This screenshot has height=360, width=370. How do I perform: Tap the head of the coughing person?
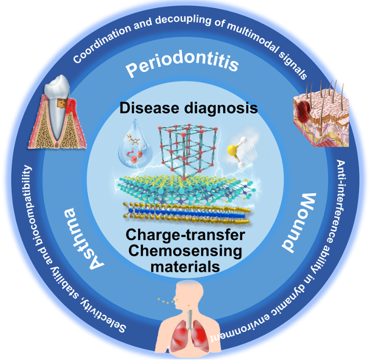pos(189,292)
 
